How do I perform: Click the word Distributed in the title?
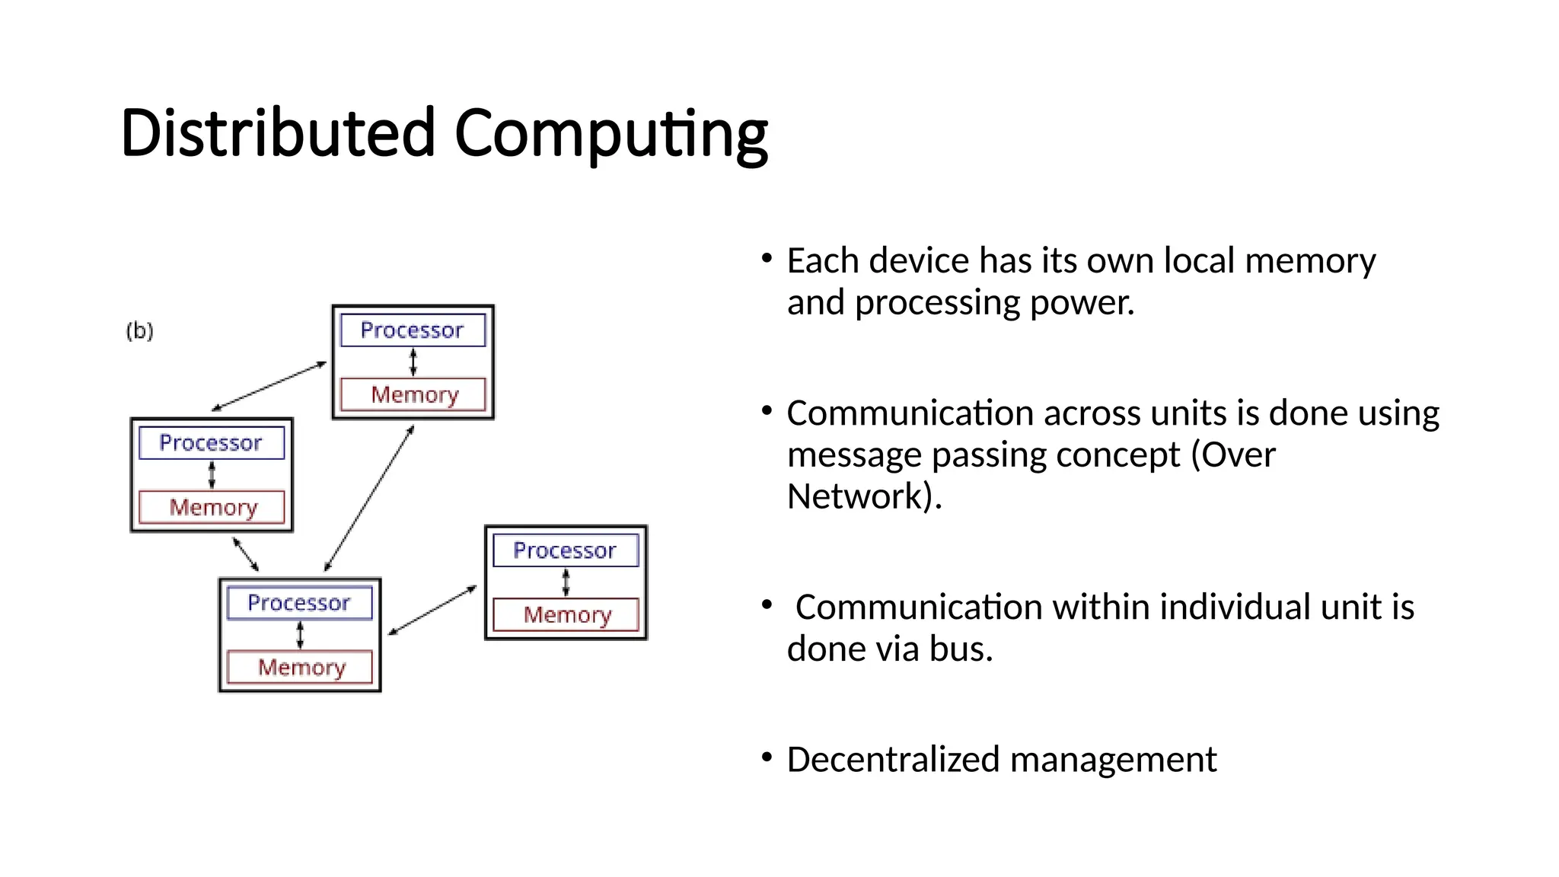(278, 133)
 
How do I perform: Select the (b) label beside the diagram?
(139, 331)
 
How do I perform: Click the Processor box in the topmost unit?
(412, 330)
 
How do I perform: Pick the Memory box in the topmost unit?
(413, 394)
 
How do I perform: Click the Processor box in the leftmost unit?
(211, 443)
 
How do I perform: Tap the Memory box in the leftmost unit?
(212, 507)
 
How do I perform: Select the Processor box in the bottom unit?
(299, 603)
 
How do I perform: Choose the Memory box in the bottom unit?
(301, 667)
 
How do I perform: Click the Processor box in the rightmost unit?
(565, 550)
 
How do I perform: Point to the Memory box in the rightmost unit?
(566, 614)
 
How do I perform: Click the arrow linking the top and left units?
(269, 387)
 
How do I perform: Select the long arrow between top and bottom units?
(369, 499)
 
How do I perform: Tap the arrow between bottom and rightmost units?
(432, 610)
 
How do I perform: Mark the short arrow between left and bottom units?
(245, 554)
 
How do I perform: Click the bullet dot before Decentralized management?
(767, 757)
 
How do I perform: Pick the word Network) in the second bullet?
(864, 496)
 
